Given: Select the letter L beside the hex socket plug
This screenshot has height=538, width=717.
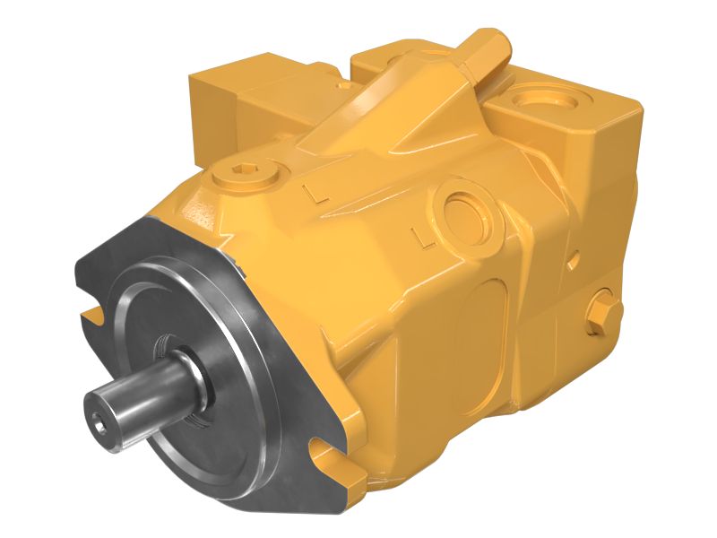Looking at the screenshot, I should click(x=312, y=191).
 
